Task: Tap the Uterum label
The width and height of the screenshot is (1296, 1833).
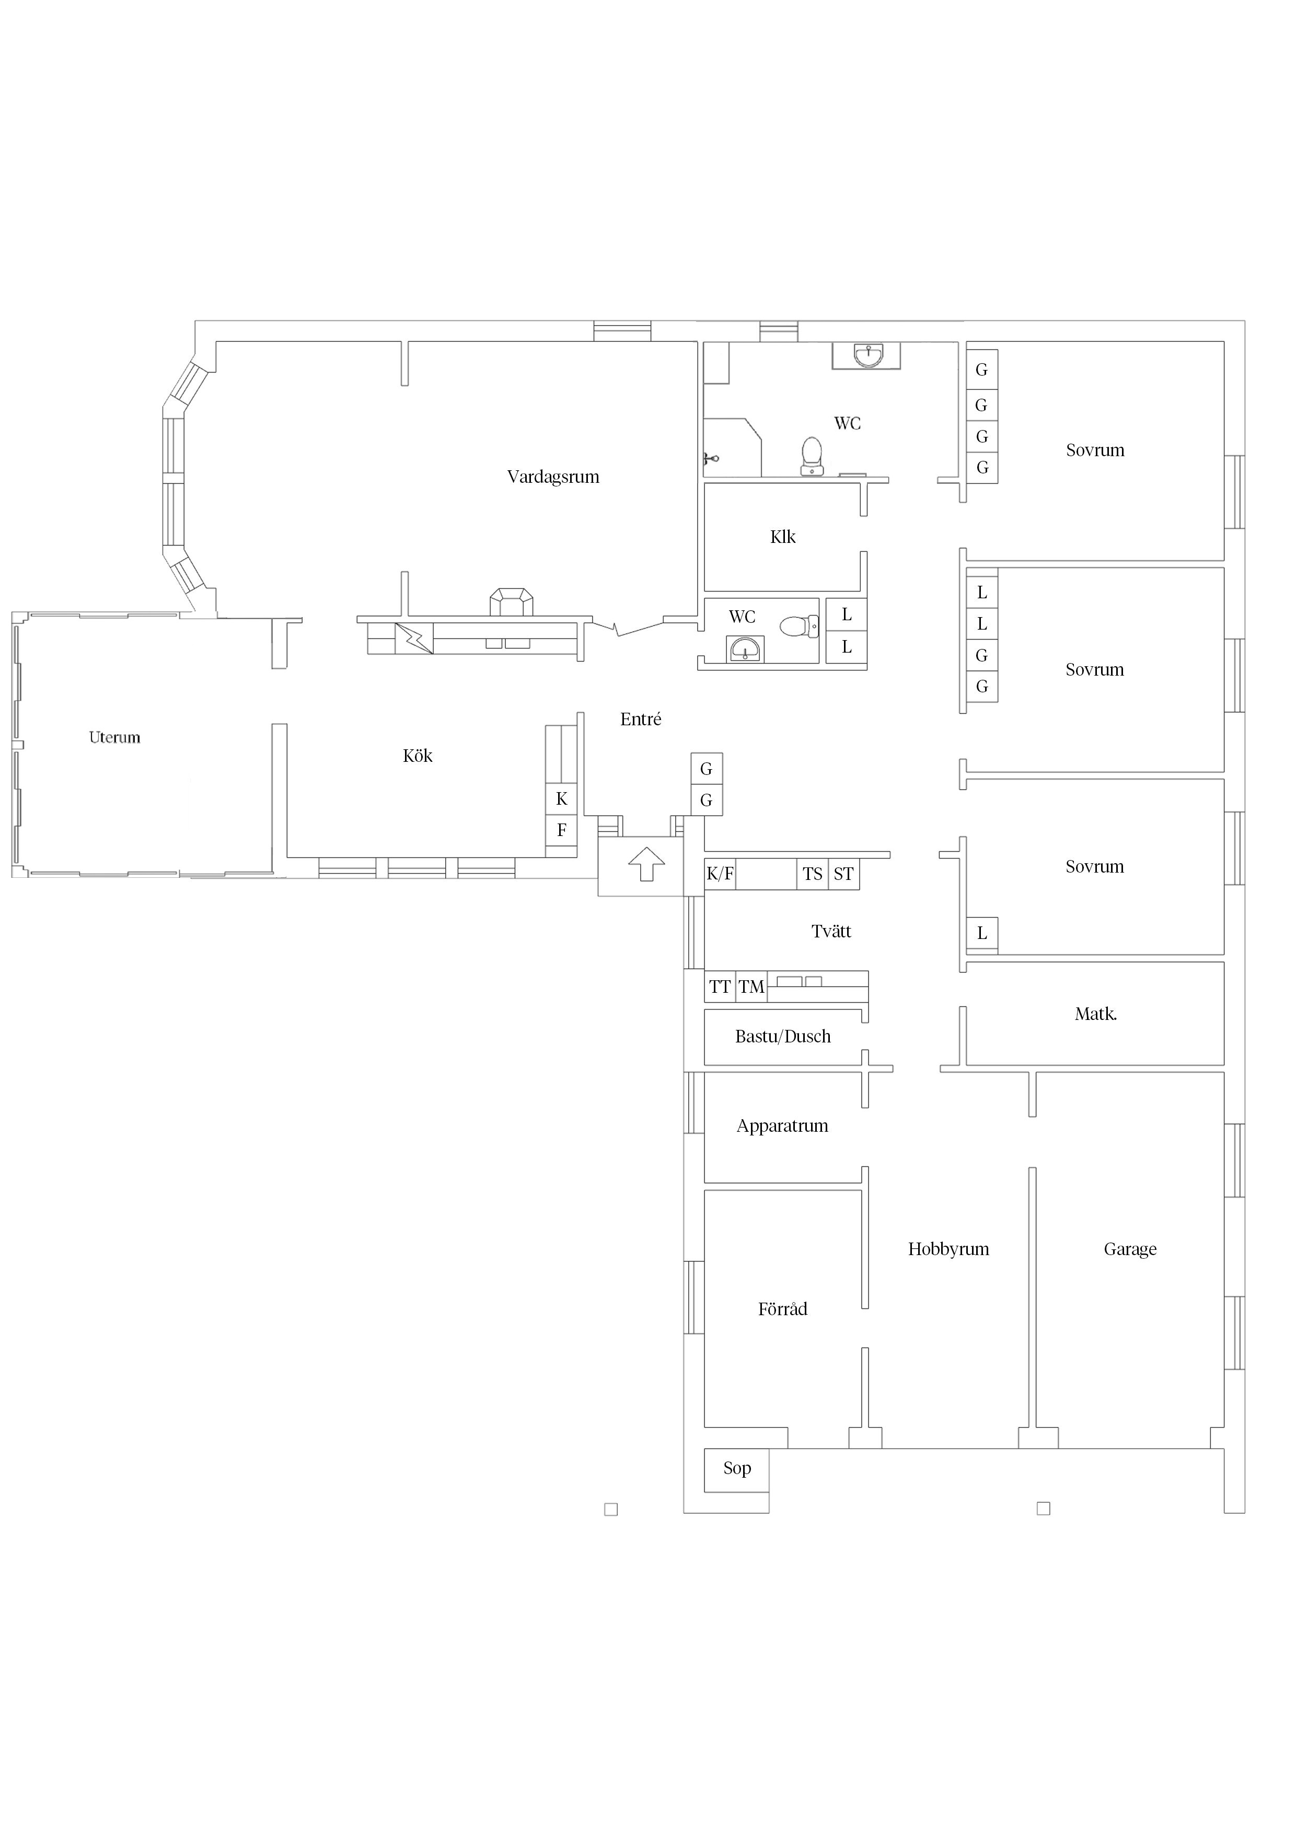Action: click(114, 737)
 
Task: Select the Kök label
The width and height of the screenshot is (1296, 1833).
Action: click(418, 755)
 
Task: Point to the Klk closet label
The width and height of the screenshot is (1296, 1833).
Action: click(782, 537)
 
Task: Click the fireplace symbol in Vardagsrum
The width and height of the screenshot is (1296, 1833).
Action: click(511, 602)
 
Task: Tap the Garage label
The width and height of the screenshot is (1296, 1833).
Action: click(1130, 1249)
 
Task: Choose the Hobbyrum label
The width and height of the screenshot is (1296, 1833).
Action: click(948, 1249)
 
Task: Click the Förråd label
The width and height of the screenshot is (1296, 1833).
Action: click(782, 1308)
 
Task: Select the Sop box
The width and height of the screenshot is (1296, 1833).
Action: click(736, 1470)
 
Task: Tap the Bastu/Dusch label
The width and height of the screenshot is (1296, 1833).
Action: click(782, 1036)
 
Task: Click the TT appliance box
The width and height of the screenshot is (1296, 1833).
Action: click(720, 987)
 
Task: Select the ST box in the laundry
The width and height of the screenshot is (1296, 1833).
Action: click(843, 874)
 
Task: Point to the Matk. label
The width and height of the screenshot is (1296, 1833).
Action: click(1095, 1014)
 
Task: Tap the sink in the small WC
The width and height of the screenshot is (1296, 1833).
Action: click(745, 650)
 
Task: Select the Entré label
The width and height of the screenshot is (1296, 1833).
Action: click(640, 720)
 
